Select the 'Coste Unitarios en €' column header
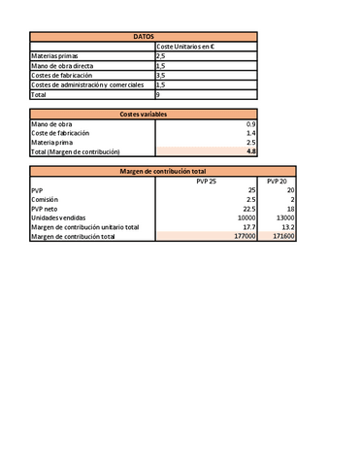pyautogui.click(x=185, y=47)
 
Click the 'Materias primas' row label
pyautogui.click(x=58, y=57)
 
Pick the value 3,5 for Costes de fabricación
pyautogui.click(x=161, y=76)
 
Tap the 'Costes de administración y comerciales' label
pyautogui.click(x=87, y=85)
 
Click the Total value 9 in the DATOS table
pyautogui.click(x=158, y=95)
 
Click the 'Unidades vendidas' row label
pyautogui.click(x=59, y=217)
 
